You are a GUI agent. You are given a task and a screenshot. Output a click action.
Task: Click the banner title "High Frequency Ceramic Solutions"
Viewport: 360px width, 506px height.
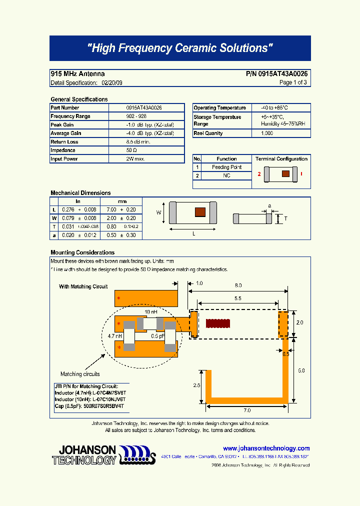click(x=180, y=48)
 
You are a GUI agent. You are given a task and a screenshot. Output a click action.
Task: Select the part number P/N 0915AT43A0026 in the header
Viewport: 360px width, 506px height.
click(x=276, y=74)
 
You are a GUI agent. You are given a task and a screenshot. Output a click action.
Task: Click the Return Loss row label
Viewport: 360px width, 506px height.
click(x=64, y=142)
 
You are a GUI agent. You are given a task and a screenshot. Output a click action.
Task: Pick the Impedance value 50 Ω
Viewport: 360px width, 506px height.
click(x=131, y=150)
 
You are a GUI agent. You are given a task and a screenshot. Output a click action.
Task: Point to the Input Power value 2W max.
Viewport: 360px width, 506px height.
click(x=135, y=159)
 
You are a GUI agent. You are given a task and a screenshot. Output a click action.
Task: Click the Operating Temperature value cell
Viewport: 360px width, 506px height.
click(x=274, y=108)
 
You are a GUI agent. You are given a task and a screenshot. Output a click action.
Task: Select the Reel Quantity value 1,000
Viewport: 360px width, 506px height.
click(x=267, y=133)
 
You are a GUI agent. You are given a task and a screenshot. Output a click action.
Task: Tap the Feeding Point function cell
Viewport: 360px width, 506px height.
click(x=226, y=167)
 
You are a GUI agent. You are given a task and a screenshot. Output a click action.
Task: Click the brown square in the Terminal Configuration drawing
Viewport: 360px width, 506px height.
click(x=285, y=174)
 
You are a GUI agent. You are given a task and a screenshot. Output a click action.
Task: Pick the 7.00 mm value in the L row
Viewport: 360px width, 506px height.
click(x=111, y=209)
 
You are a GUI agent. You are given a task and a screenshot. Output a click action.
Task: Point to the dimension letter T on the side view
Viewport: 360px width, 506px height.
click(x=285, y=218)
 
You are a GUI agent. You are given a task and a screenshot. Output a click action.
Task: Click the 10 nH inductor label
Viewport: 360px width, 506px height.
click(x=151, y=312)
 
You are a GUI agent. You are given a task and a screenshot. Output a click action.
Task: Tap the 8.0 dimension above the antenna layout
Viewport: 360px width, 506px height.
click(x=238, y=285)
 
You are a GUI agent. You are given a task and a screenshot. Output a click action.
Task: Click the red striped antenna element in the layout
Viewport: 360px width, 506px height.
click(x=220, y=324)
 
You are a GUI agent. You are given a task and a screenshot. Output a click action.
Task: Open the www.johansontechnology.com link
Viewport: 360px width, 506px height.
click(x=266, y=448)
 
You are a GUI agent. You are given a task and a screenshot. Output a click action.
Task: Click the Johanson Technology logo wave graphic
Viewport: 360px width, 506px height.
click(x=137, y=453)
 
